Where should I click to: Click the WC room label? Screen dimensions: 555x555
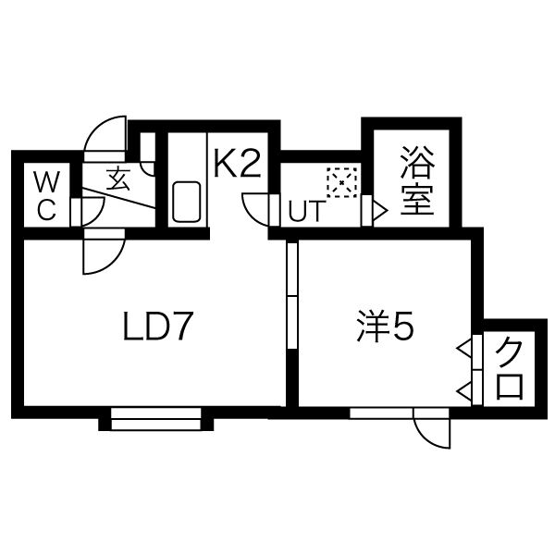pos(47,195)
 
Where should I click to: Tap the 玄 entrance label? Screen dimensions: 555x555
pos(118,179)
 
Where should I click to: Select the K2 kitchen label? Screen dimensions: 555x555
pos(238,164)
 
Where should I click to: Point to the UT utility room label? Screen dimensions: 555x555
pos(306,211)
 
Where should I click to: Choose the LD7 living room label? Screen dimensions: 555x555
pos(157,326)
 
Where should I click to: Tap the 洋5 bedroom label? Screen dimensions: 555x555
pos(386,326)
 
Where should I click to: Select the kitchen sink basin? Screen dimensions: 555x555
pos(187,202)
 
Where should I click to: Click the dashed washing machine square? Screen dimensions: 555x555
pos(341,182)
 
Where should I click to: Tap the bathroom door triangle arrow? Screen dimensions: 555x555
pos(380,211)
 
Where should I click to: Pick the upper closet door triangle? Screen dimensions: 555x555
pos(464,349)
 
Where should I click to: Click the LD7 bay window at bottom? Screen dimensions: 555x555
pos(155,419)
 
